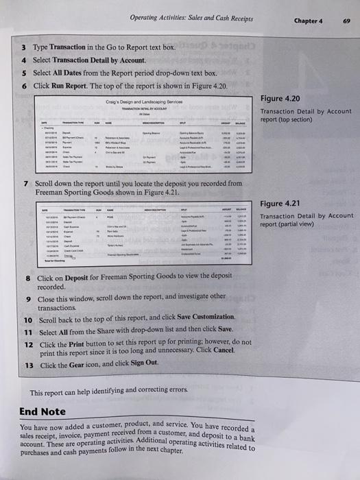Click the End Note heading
point(43,411)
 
